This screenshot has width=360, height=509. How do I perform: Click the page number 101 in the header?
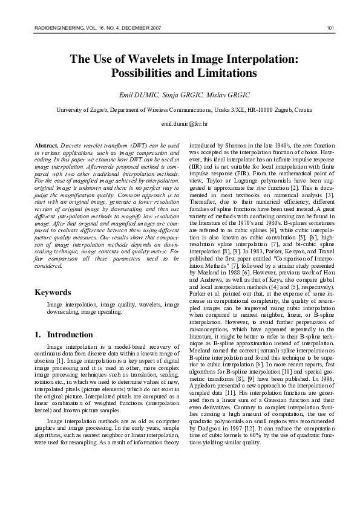(330, 28)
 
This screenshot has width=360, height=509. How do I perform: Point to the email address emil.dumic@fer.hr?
(180, 123)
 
